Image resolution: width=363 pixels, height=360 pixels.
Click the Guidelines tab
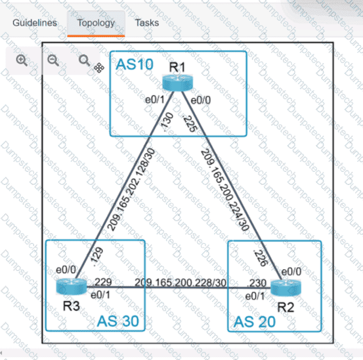(x=35, y=23)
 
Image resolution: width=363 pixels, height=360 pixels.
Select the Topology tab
(x=96, y=23)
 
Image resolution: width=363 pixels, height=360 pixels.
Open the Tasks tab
(x=147, y=23)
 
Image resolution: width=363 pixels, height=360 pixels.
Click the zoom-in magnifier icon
(x=22, y=60)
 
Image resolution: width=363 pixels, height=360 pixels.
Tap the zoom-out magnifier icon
(x=53, y=60)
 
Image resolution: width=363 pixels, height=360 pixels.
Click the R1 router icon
(x=177, y=82)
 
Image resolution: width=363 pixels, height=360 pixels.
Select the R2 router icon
(x=286, y=288)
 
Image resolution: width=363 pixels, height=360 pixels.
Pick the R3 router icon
(x=71, y=287)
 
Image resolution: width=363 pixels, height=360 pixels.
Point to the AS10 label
(x=135, y=64)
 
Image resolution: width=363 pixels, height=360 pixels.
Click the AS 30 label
(x=118, y=321)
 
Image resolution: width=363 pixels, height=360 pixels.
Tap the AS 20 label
(x=255, y=322)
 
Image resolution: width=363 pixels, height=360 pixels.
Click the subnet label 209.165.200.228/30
(x=180, y=283)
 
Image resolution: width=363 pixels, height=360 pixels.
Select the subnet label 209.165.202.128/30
(x=131, y=189)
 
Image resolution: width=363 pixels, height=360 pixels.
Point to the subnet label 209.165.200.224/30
(x=225, y=190)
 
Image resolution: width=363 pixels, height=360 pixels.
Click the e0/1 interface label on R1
(x=155, y=100)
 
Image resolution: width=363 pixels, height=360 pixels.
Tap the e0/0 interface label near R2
(x=291, y=272)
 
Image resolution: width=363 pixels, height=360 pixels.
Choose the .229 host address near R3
(x=102, y=282)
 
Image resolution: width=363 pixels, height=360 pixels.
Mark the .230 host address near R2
(x=256, y=283)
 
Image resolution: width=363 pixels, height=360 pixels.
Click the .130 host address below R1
(x=167, y=122)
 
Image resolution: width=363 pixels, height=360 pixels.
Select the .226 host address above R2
(x=260, y=257)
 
